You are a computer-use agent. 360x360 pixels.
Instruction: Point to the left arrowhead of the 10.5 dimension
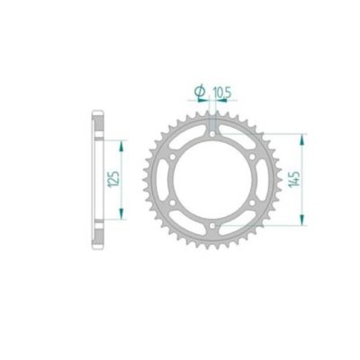[x=205, y=101]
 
